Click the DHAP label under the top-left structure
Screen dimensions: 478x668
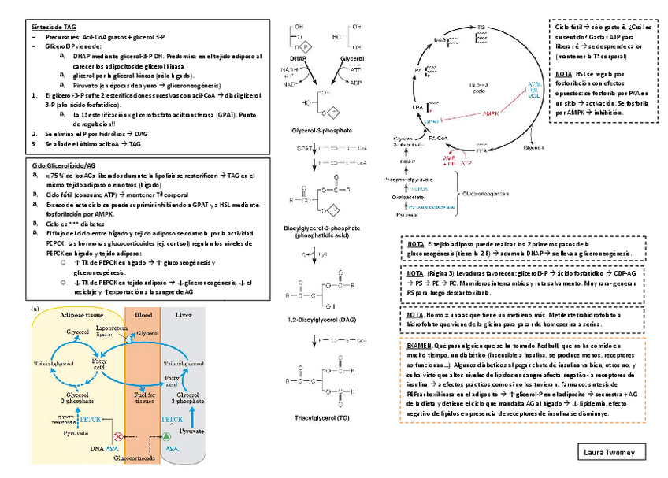299,59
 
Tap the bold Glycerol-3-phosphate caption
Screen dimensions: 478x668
321,130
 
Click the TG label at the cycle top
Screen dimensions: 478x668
481,27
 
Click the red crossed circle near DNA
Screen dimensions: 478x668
120,436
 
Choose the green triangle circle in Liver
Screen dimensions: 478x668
167,436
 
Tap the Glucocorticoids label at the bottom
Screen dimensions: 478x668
139,457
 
